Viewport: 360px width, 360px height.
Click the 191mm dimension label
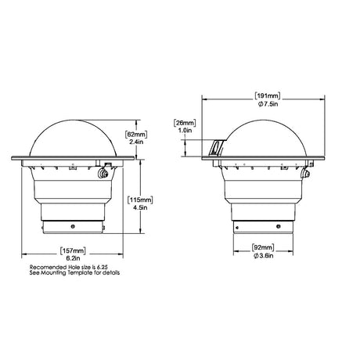coord(268,95)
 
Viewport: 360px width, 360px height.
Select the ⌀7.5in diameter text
coord(268,104)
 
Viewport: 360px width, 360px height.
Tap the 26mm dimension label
coord(185,123)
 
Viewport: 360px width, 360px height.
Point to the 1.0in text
coord(185,130)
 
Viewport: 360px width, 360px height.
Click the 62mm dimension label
coord(136,135)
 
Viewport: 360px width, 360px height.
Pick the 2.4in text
coord(136,142)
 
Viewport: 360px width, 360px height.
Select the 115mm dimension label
coord(140,200)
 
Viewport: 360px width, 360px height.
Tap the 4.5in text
coord(140,207)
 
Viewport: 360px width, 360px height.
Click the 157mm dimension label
coord(73,251)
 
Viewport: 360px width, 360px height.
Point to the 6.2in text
coord(73,258)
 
